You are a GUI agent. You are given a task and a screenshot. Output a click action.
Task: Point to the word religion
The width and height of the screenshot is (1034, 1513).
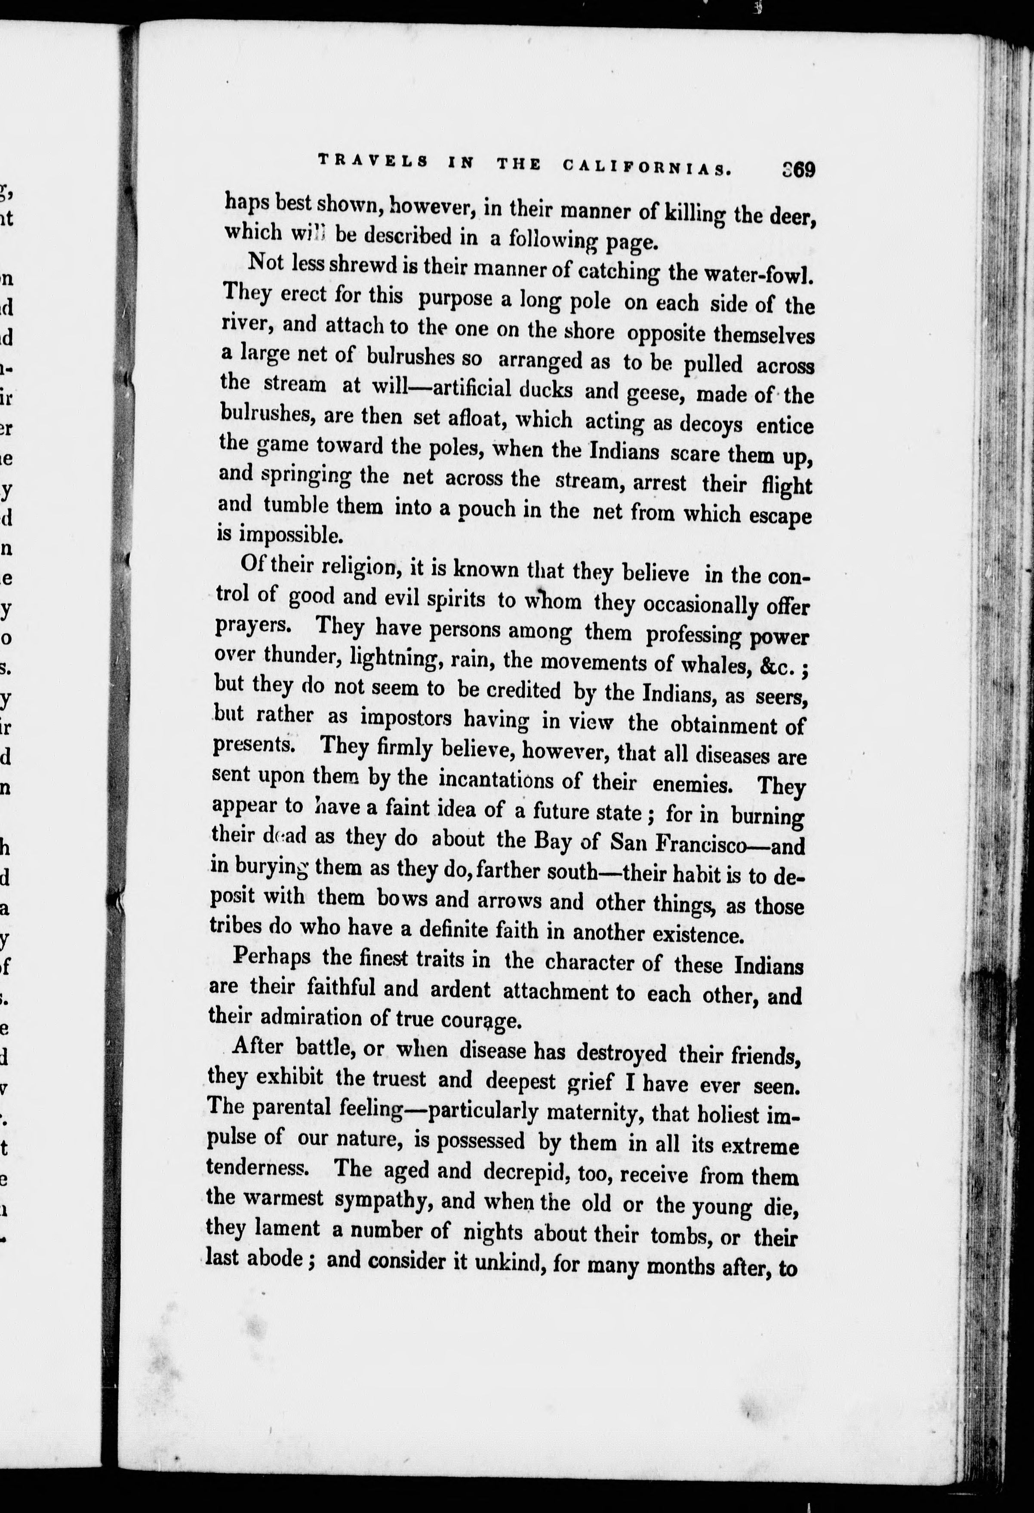[x=353, y=565]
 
